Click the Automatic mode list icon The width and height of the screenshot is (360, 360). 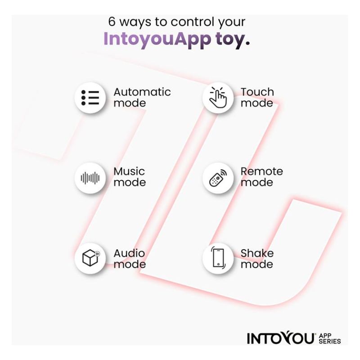click(x=90, y=98)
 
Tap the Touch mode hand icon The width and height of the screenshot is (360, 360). click(x=218, y=97)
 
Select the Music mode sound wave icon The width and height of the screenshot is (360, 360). click(x=90, y=178)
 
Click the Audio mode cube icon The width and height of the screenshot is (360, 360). click(x=91, y=257)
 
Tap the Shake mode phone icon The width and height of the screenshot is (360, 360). click(x=218, y=257)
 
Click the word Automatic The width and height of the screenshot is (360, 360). click(x=142, y=92)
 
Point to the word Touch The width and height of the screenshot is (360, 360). click(x=257, y=92)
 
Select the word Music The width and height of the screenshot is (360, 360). click(x=129, y=171)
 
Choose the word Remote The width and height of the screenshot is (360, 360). click(x=262, y=171)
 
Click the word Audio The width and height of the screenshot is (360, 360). click(x=129, y=253)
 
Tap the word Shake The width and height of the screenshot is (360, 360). click(x=257, y=253)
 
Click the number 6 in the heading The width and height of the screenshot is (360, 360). click(x=112, y=22)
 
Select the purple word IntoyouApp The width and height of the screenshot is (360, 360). click(x=157, y=39)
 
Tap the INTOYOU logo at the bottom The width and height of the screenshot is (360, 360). click(x=280, y=338)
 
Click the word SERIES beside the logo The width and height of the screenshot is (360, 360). click(x=330, y=341)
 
